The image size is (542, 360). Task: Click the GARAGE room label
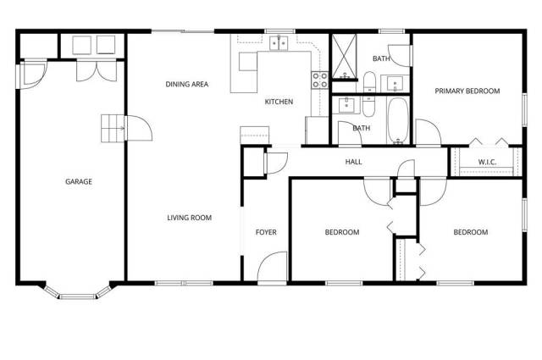click(79, 181)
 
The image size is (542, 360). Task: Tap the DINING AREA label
click(187, 84)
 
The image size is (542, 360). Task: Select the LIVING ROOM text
click(190, 218)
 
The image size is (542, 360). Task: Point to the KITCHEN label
click(279, 102)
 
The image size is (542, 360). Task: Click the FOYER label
click(266, 232)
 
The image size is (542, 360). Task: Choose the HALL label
click(354, 162)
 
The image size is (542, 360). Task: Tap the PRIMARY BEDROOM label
click(467, 91)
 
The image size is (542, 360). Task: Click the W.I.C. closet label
click(488, 162)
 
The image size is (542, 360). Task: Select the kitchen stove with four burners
click(320, 80)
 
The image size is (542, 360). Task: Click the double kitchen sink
click(279, 42)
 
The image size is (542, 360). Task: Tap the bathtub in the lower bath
click(398, 120)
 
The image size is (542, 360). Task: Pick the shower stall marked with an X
click(345, 57)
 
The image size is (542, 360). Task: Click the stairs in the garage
click(113, 128)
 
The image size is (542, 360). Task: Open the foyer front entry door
click(273, 267)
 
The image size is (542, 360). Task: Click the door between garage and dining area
click(138, 128)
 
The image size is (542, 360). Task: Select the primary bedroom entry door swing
click(428, 132)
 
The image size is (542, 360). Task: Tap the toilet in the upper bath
click(369, 81)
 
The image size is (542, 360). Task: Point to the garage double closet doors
click(97, 70)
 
